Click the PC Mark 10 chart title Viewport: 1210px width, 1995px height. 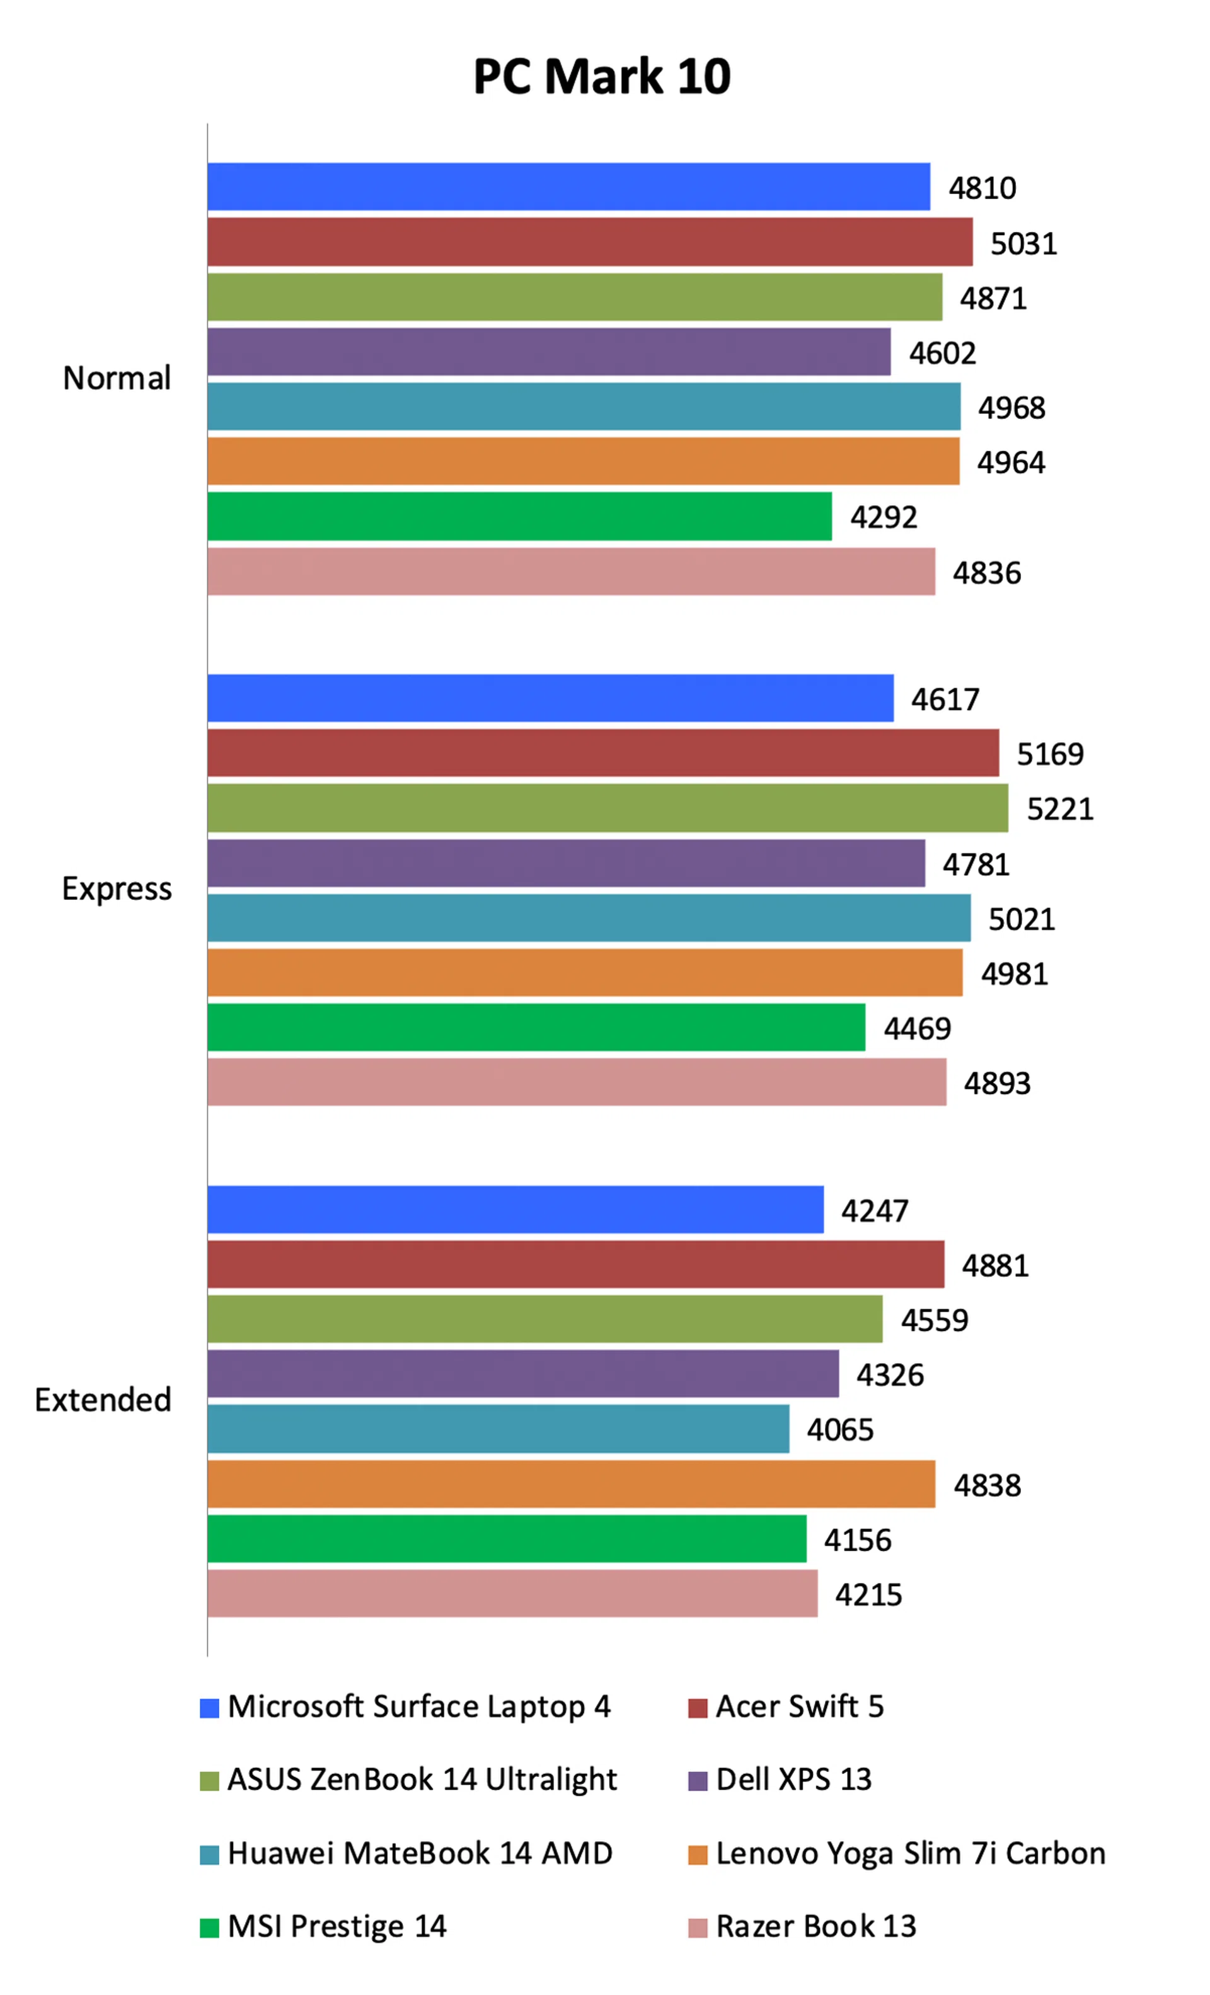602,77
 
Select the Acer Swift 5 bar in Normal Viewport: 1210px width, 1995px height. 590,241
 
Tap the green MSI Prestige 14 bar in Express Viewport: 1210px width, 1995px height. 536,1026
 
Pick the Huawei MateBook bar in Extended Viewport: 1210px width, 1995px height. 498,1429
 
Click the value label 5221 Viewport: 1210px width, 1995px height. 1059,809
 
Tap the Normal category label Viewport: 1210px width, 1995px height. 117,378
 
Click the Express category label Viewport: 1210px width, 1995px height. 117,888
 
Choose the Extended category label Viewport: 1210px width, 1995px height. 103,1400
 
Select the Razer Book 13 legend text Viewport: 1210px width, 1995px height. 815,1926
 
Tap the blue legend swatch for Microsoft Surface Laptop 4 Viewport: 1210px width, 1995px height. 210,1708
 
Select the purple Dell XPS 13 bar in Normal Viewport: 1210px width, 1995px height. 548,352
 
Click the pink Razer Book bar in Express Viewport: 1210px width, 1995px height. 577,1082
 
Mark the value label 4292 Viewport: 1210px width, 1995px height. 884,517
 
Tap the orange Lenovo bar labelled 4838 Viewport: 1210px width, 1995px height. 571,1483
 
